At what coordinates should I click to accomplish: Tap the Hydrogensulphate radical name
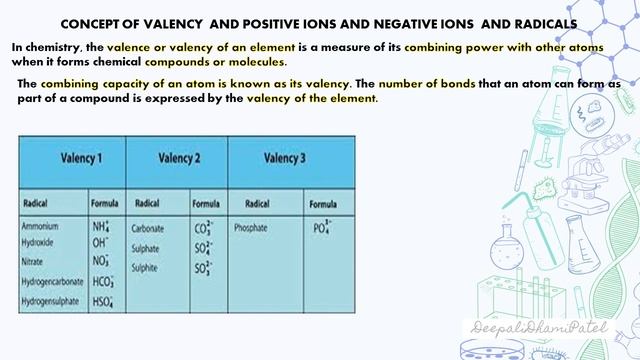(x=51, y=300)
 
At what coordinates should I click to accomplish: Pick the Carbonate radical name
(x=148, y=228)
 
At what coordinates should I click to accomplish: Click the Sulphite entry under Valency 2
(x=145, y=267)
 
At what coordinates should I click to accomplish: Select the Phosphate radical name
(x=250, y=228)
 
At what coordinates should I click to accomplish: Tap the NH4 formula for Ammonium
(x=100, y=226)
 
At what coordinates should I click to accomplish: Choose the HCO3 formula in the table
(x=102, y=282)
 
